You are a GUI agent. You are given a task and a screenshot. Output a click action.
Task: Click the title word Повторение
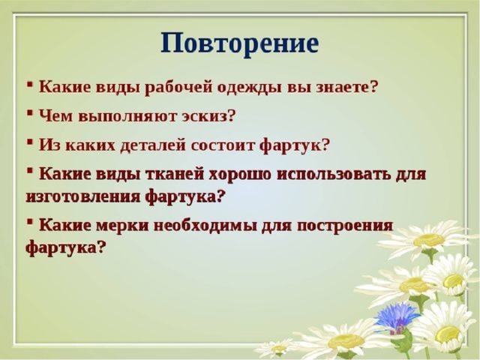click(x=240, y=43)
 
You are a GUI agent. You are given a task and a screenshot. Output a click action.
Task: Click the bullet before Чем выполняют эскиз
click(x=30, y=112)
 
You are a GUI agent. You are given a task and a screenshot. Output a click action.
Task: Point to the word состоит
click(x=223, y=145)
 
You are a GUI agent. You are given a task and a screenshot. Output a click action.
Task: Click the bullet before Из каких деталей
click(x=30, y=141)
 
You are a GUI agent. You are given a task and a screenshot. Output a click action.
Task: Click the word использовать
click(x=331, y=174)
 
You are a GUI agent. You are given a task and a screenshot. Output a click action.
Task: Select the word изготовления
click(x=83, y=196)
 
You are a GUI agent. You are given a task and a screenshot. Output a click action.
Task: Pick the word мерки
click(x=122, y=226)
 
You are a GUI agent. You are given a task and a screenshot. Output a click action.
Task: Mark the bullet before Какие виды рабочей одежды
click(x=30, y=83)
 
